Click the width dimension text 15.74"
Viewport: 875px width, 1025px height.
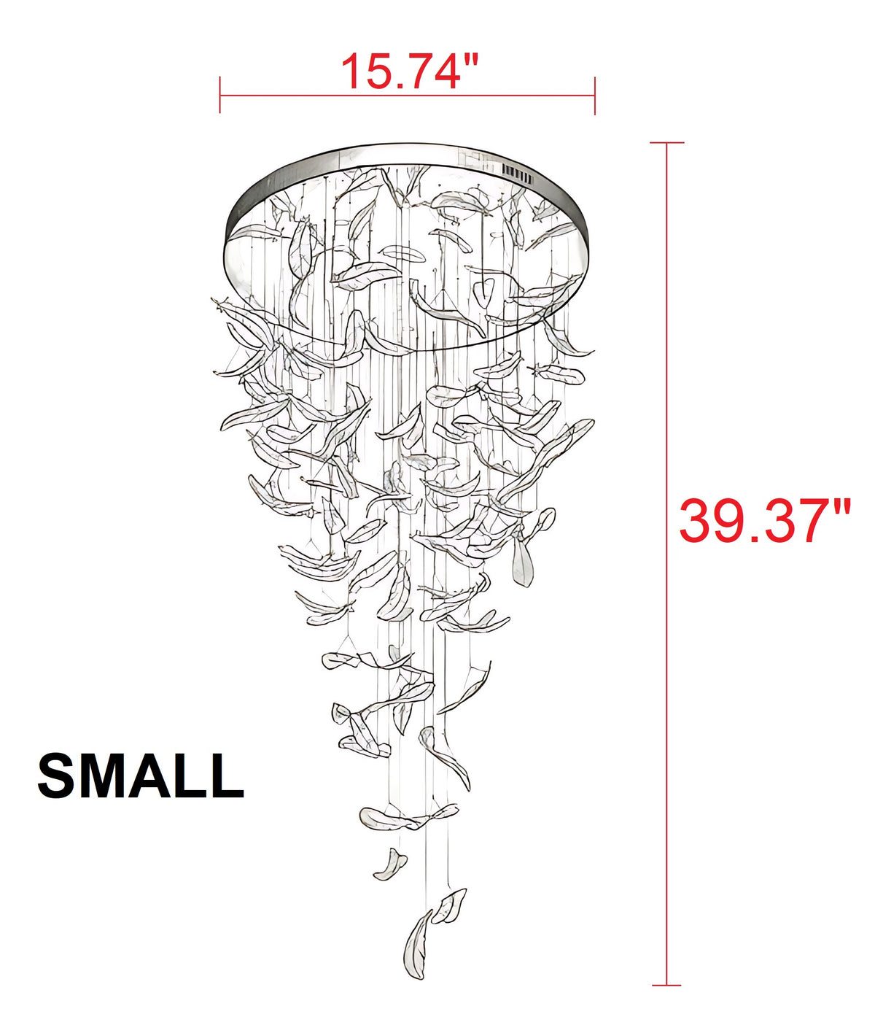(x=409, y=71)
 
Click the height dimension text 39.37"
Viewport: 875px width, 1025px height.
(x=764, y=521)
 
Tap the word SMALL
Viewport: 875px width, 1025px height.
(x=141, y=775)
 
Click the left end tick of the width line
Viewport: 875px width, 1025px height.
(x=219, y=95)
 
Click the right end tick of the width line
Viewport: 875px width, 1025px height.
(x=594, y=96)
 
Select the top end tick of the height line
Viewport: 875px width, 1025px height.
(x=666, y=143)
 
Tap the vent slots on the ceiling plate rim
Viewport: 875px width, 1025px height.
(x=518, y=174)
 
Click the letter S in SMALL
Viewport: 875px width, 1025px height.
(x=55, y=775)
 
